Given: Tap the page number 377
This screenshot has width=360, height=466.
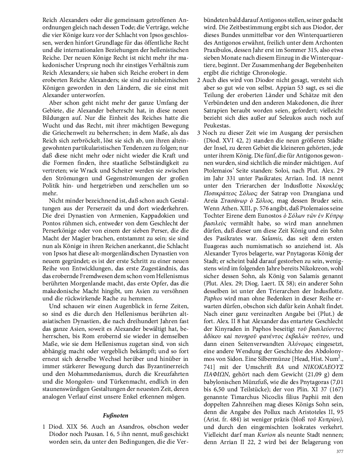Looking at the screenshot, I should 340,451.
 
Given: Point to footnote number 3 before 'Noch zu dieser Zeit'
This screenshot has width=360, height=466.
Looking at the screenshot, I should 198,133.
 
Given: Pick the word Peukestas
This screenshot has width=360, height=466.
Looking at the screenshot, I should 218,125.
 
